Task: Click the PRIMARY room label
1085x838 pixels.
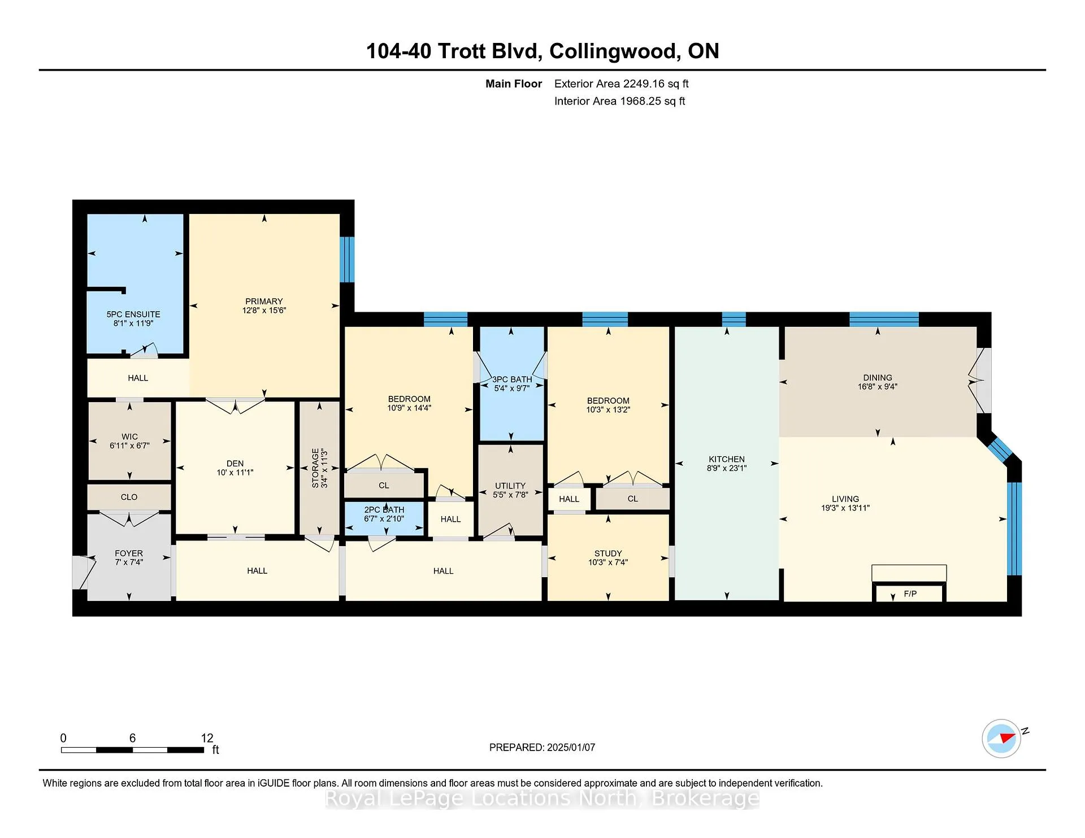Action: point(264,302)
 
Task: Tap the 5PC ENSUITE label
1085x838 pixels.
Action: point(133,315)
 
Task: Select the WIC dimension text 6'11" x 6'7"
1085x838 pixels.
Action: point(129,446)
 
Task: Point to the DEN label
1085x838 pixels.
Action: point(235,464)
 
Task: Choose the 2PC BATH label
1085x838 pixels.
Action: point(384,510)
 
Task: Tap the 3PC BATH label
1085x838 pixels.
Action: point(512,379)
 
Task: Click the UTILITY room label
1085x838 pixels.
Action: point(510,486)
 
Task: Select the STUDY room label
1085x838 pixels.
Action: point(608,553)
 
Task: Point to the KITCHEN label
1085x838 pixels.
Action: point(727,459)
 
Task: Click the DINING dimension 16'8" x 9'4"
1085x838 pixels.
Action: point(878,387)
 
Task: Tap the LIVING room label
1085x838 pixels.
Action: point(845,499)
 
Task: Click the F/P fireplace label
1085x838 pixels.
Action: point(910,593)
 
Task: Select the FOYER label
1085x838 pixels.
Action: point(129,553)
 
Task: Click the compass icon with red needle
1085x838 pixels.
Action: point(1001,738)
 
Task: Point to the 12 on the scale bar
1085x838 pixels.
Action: point(207,738)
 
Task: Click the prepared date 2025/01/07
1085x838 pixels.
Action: point(571,747)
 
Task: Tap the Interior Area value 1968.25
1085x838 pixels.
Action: point(640,101)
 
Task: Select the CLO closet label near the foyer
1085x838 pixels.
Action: point(129,497)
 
